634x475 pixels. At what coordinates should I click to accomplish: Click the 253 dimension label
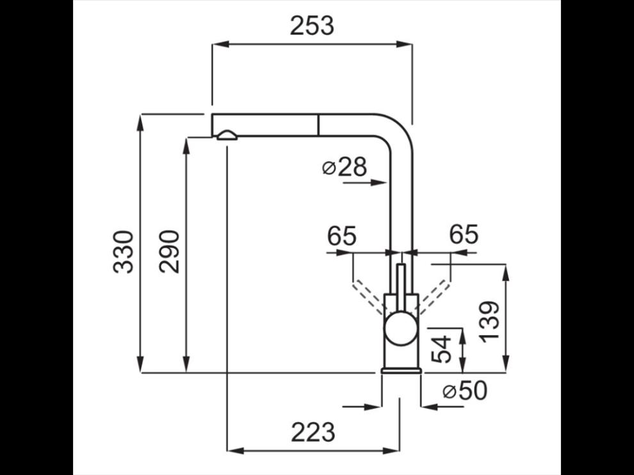pyautogui.click(x=312, y=26)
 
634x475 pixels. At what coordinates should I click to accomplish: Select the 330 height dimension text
pyautogui.click(x=124, y=252)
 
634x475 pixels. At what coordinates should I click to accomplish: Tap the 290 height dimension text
pyautogui.click(x=169, y=252)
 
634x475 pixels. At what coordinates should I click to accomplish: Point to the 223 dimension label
pyautogui.click(x=313, y=432)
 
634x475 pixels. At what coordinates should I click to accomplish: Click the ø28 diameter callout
pyautogui.click(x=345, y=167)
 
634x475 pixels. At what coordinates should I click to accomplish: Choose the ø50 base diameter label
pyautogui.click(x=465, y=390)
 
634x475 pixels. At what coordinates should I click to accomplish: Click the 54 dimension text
pyautogui.click(x=441, y=348)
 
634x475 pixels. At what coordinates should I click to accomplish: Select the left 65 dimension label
pyautogui.click(x=342, y=236)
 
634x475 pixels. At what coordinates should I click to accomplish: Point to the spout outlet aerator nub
pyautogui.click(x=227, y=135)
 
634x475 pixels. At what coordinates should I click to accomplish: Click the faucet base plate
pyautogui.click(x=402, y=370)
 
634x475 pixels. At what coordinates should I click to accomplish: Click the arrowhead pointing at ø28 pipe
pyautogui.click(x=378, y=182)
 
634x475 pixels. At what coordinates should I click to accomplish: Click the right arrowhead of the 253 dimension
pyautogui.click(x=404, y=44)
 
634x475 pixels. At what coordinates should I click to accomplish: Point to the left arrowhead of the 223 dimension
pyautogui.click(x=236, y=450)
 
